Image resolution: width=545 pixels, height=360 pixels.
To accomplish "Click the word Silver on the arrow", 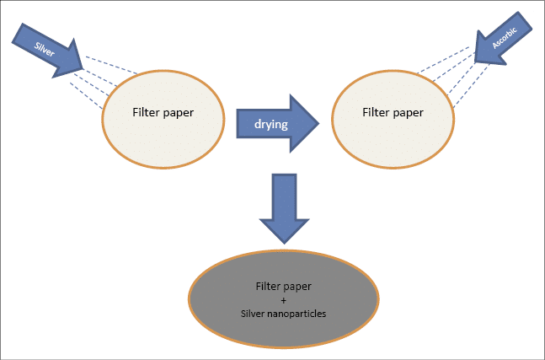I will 45,46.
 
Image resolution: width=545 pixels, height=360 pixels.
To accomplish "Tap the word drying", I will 271,125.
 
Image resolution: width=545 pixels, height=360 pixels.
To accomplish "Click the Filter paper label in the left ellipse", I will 163,112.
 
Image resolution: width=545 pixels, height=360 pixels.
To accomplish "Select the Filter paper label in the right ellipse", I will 392,111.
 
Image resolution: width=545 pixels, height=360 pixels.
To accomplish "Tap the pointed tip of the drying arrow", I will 318,124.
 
